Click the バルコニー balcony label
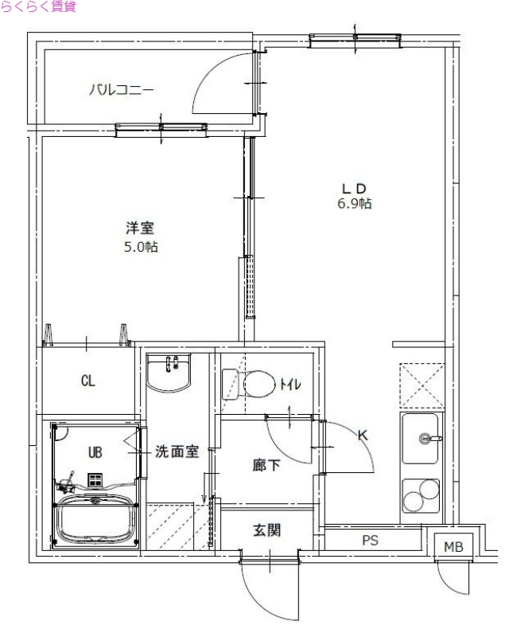121,89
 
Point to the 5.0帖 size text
140,247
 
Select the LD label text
353,188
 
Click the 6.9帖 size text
354,204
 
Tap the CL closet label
87,381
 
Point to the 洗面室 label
176,452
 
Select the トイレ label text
290,385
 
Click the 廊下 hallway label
266,465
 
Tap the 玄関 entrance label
267,530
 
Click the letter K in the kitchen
363,435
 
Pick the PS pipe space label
370,541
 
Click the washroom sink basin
170,373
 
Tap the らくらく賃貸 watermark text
39,7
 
